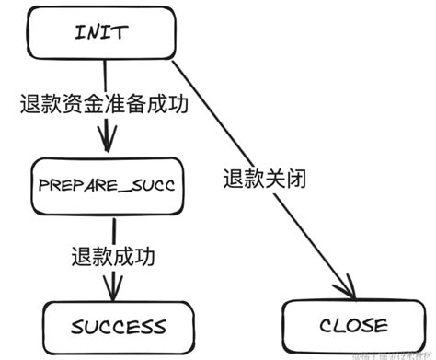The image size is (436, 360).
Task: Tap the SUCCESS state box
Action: click(x=106, y=326)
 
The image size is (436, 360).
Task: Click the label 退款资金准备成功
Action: click(x=104, y=104)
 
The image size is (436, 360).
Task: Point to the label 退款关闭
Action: click(x=265, y=179)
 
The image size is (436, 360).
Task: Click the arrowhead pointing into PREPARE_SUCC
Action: click(x=109, y=145)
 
